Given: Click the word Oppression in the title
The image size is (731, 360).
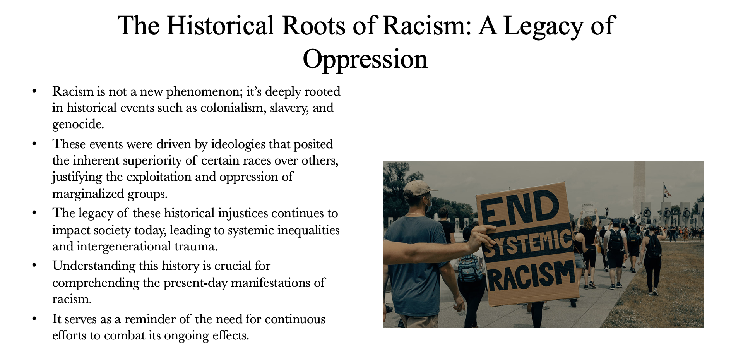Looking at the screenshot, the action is coord(365,59).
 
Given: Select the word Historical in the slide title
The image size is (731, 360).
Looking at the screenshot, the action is coord(221,26).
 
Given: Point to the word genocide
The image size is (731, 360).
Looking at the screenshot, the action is coord(78,125).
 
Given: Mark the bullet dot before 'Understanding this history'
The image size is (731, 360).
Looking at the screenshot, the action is coord(34,266).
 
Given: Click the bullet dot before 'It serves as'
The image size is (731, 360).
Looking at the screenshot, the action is coord(34,319).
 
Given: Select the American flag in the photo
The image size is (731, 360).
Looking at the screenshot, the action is coord(667,190).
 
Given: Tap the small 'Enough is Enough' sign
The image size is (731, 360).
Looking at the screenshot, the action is coord(589,209).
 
